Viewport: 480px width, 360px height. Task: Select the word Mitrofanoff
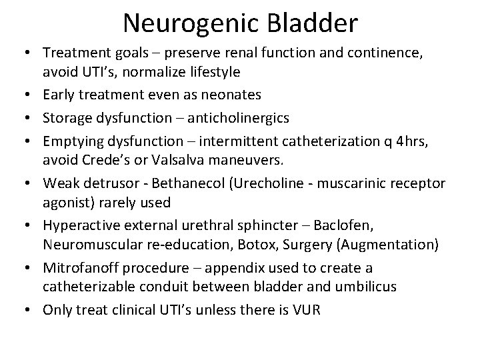77,267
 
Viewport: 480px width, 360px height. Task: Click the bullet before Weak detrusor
31,183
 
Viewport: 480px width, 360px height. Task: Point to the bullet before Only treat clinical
31,310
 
